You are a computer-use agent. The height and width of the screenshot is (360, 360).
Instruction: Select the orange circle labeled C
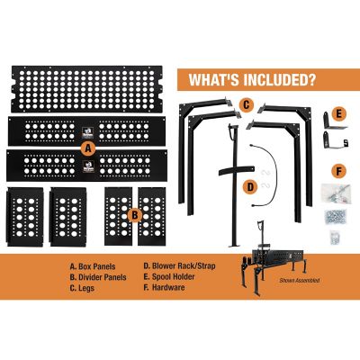(245, 105)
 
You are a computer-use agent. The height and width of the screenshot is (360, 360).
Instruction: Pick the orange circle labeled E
(337, 114)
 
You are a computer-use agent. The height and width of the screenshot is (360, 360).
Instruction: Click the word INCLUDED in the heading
(269, 80)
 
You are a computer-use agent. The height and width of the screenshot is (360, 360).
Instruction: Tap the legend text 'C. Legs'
(85, 288)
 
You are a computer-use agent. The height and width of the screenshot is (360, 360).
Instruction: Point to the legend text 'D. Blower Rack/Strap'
(178, 266)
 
